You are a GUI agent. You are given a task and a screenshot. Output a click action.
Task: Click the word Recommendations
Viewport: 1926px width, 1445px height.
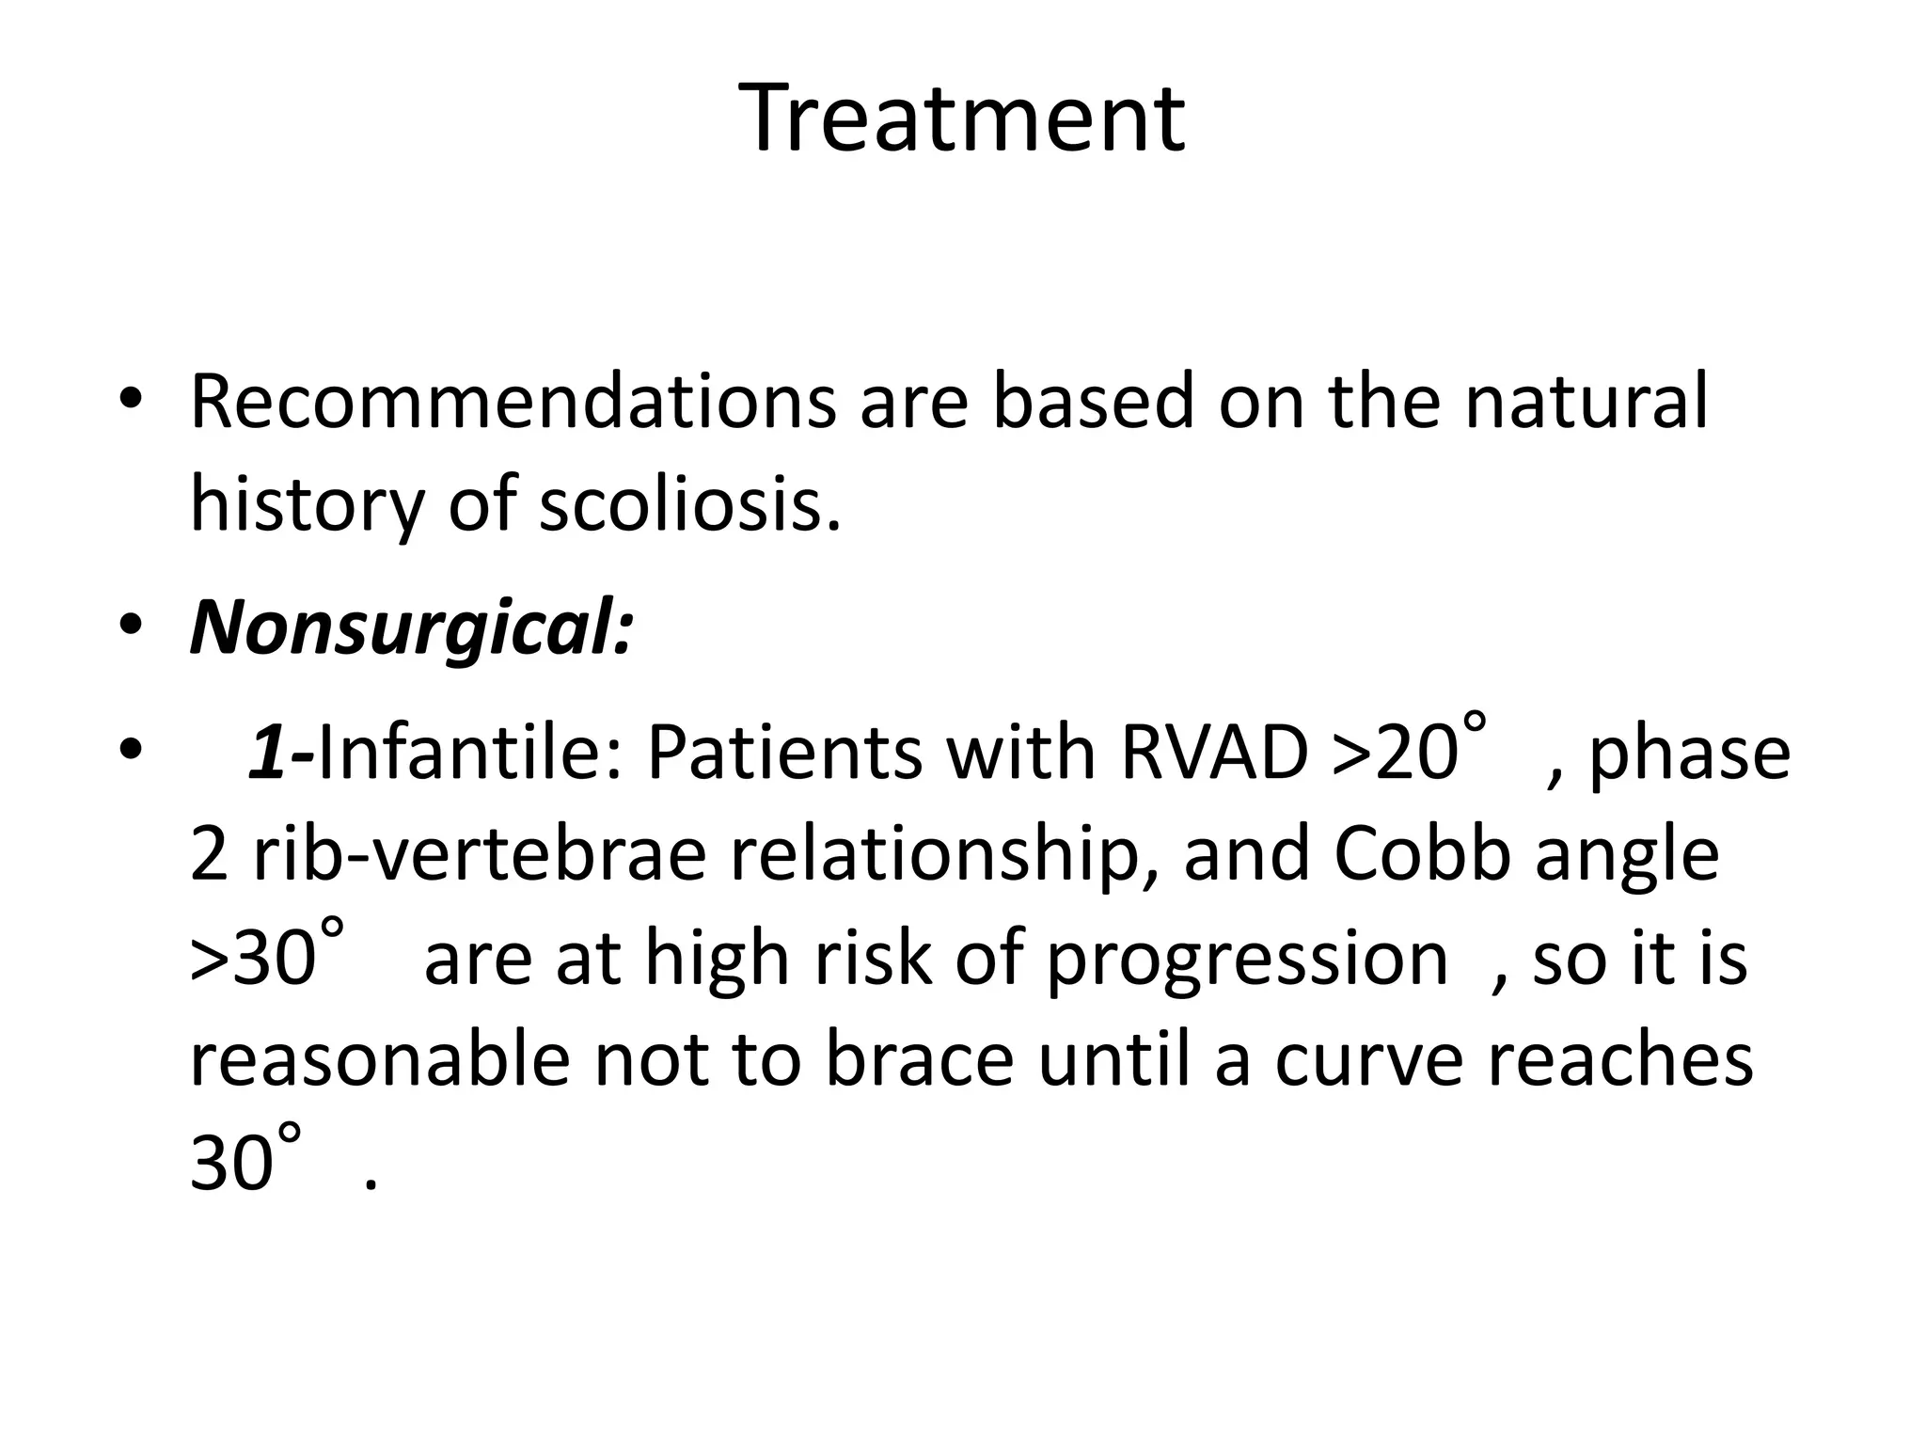tap(513, 402)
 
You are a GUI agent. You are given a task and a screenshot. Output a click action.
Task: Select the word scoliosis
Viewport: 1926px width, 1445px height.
tap(688, 504)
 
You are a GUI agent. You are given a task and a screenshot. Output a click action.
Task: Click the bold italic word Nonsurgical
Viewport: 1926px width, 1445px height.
tap(411, 628)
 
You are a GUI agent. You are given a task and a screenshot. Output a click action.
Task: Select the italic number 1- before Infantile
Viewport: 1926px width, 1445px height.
tap(280, 754)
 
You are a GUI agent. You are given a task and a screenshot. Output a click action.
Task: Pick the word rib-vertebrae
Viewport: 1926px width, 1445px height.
tap(480, 856)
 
